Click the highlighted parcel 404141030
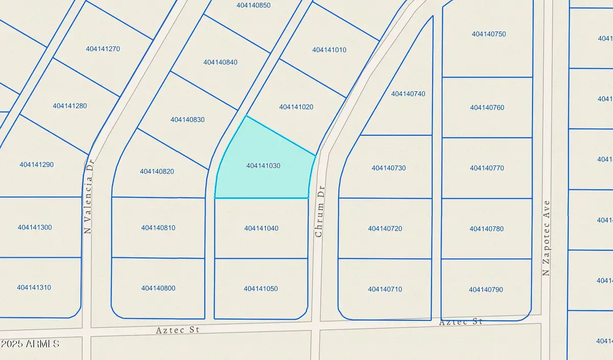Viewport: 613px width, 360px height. point(263,166)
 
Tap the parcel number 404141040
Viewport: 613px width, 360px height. point(261,228)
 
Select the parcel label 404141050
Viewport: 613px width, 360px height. point(261,289)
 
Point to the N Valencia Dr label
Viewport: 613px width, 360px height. point(88,196)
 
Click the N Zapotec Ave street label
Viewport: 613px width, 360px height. point(547,237)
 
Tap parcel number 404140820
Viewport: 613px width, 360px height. point(157,172)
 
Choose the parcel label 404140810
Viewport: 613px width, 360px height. point(158,228)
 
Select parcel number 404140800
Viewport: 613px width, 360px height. point(158,289)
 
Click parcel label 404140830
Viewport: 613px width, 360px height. point(187,119)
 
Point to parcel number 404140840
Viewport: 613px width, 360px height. point(220,62)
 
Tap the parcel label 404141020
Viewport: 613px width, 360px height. point(296,107)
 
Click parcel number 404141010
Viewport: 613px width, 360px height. point(329,50)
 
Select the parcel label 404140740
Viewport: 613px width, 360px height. point(408,94)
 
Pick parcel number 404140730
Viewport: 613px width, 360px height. point(389,168)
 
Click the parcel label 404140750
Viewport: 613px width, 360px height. point(489,34)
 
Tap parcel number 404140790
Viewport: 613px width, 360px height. point(486,290)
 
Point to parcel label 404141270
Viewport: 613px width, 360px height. point(103,49)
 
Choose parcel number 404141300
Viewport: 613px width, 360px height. point(35,227)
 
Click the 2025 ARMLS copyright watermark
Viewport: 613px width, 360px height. point(31,344)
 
